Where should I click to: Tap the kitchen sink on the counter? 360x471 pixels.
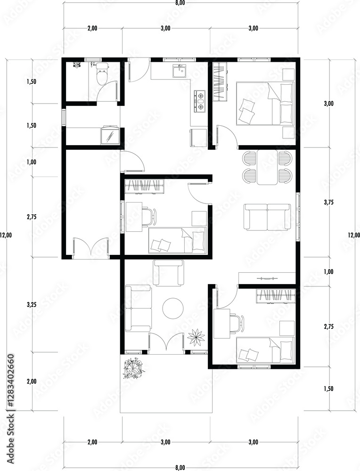click(180, 72)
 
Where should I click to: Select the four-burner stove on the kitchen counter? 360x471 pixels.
click(200, 101)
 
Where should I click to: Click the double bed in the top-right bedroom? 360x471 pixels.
click(264, 103)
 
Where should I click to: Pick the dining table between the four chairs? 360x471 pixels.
click(267, 167)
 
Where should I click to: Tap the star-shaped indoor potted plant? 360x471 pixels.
click(196, 337)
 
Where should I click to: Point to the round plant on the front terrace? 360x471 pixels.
click(132, 369)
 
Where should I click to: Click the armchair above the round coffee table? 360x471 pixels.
click(169, 273)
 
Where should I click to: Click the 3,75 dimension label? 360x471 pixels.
click(329, 203)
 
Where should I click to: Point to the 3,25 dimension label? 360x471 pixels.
click(32, 305)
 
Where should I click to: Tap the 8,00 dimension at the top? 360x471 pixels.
click(180, 3)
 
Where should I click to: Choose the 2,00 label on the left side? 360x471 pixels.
click(32, 382)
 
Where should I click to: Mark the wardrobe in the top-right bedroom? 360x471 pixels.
click(220, 81)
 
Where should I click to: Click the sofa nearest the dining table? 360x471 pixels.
click(267, 217)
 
